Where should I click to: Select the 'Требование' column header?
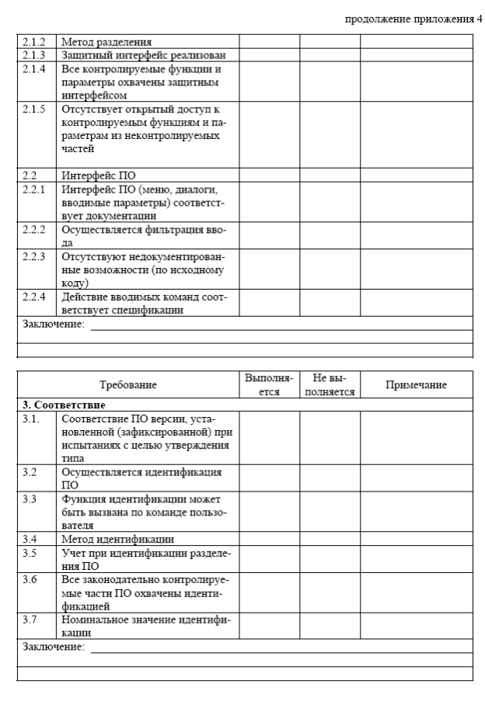coord(128,385)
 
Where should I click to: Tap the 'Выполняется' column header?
coord(269,385)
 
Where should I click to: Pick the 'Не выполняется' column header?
coord(330,385)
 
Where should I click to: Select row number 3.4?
coord(31,538)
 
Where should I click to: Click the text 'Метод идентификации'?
coord(117,538)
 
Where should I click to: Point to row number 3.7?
coord(31,620)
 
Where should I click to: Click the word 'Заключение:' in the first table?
coord(51,324)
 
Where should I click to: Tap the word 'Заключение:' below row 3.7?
coord(51,647)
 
